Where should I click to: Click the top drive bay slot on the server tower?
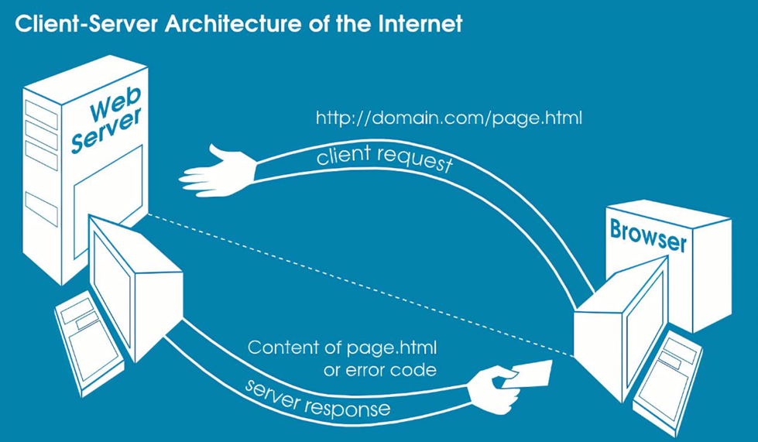click(x=41, y=113)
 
